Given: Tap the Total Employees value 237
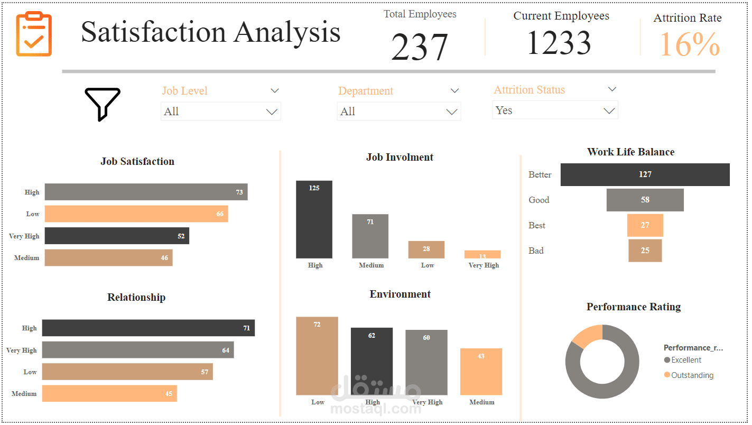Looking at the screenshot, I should pyautogui.click(x=420, y=48).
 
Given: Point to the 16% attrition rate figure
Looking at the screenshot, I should pyautogui.click(x=690, y=44).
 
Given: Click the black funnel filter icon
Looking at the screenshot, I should pyautogui.click(x=103, y=104).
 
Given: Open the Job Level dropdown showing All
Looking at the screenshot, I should pyautogui.click(x=220, y=112).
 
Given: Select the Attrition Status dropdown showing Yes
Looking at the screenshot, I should pyautogui.click(x=555, y=110).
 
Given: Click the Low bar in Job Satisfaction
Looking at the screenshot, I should pyautogui.click(x=136, y=214).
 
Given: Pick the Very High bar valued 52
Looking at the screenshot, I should pyautogui.click(x=116, y=236).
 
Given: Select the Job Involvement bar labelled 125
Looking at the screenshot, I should pyautogui.click(x=314, y=219).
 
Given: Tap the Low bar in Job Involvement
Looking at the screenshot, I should pyautogui.click(x=426, y=250).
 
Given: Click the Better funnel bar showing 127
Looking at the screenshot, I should pyautogui.click(x=645, y=174).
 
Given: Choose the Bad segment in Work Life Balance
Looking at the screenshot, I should pyautogui.click(x=645, y=251).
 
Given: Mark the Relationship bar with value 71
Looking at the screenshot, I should pyautogui.click(x=148, y=328).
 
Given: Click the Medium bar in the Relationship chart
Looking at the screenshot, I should pyautogui.click(x=109, y=393).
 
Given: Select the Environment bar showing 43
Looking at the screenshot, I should pyautogui.click(x=481, y=372).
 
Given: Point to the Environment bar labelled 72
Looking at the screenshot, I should pyautogui.click(x=317, y=356).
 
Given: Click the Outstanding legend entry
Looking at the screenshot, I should pyautogui.click(x=692, y=375).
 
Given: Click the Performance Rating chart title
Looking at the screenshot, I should pyautogui.click(x=633, y=307).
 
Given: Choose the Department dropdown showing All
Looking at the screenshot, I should pyautogui.click(x=398, y=112).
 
